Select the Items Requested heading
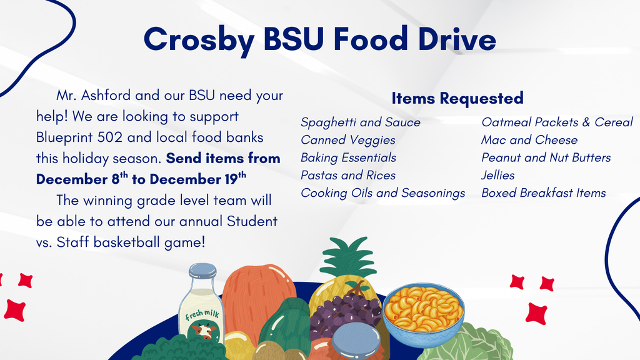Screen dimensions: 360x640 pyautogui.click(x=457, y=98)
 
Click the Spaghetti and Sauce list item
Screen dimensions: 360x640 pyautogui.click(x=361, y=122)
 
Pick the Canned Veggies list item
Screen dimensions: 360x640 pyautogui.click(x=348, y=140)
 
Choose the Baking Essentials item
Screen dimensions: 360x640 pyautogui.click(x=349, y=157)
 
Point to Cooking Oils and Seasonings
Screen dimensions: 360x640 pyautogui.click(x=383, y=193)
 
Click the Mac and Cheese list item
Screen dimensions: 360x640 pyautogui.click(x=529, y=140)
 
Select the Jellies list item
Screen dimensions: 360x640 pyautogui.click(x=498, y=176)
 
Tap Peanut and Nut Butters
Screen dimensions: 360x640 pyautogui.click(x=546, y=157)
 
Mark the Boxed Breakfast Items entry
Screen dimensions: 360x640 pyautogui.click(x=544, y=193)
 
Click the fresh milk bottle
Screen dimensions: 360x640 pyautogui.click(x=201, y=309)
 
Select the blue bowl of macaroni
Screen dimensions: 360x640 pyautogui.click(x=423, y=313)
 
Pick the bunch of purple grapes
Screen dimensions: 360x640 pyautogui.click(x=345, y=313)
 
